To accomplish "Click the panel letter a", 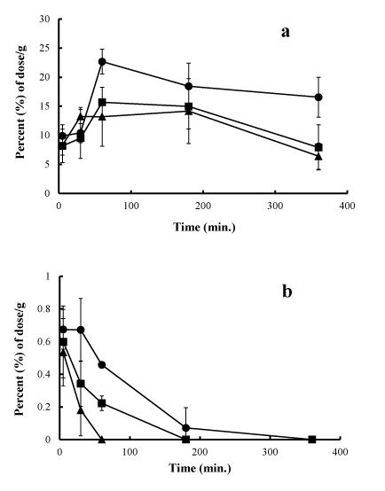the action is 286,32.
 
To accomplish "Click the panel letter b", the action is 287,292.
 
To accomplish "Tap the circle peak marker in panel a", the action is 102,61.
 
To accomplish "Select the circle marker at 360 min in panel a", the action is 318,97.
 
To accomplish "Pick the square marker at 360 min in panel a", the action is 318,147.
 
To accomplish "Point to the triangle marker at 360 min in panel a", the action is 318,156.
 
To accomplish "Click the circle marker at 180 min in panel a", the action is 188,86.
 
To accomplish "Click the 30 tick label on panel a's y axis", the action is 44,19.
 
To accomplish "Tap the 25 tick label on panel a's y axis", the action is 44,48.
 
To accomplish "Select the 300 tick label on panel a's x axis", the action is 275,206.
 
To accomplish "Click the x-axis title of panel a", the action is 204,227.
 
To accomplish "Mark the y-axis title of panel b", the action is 20,359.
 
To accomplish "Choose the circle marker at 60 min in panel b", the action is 102,365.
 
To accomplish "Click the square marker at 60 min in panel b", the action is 102,403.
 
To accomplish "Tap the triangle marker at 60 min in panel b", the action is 102,440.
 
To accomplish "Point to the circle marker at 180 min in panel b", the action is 186,428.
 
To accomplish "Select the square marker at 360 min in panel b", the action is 312,440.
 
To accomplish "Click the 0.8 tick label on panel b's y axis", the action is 43,309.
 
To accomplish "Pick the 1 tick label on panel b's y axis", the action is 48,277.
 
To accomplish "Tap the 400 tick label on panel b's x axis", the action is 340,452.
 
